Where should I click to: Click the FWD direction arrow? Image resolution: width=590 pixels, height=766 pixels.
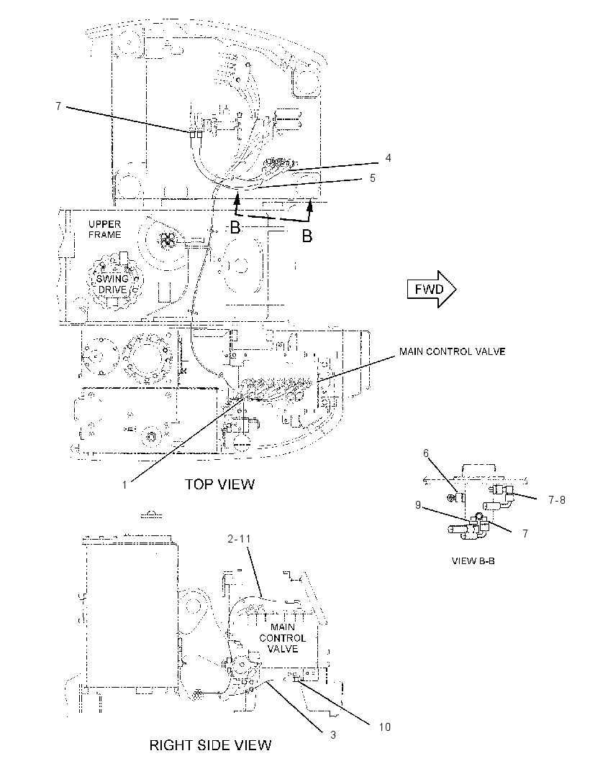point(432,289)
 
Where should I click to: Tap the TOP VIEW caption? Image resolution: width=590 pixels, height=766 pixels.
point(219,484)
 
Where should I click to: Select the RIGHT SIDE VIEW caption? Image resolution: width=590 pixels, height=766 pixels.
point(210,745)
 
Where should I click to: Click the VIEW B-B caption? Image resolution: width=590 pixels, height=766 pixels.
point(473,560)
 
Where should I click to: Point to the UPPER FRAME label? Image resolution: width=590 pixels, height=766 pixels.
point(105,229)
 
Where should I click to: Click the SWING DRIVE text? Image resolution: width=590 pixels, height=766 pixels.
point(112,284)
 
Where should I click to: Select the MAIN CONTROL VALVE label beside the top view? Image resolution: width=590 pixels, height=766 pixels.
point(452,351)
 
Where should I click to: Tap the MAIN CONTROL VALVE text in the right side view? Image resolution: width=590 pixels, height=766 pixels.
point(283,638)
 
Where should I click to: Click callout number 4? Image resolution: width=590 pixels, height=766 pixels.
point(388,158)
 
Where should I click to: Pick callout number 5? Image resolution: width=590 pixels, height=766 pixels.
point(372,177)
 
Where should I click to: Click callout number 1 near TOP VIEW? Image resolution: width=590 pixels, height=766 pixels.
point(124,484)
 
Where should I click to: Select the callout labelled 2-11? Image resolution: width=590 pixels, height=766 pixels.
point(239,539)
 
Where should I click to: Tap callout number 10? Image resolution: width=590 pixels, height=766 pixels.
point(385,727)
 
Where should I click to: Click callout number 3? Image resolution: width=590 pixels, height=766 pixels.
point(333,734)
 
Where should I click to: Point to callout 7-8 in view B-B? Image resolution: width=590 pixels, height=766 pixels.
point(557,499)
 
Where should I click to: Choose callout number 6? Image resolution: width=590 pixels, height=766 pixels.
point(426,453)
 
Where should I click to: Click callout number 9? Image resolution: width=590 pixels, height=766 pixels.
point(418,504)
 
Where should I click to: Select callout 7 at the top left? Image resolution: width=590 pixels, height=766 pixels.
point(58,106)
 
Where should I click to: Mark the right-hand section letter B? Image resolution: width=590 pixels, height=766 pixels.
point(307,236)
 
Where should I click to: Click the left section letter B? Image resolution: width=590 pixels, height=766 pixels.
point(235,228)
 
